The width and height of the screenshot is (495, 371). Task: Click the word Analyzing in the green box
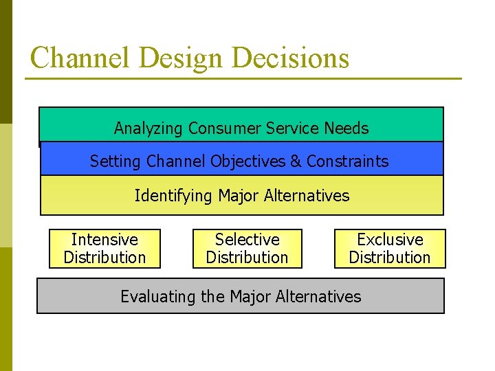click(148, 128)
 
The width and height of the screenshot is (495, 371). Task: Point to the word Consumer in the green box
click(219, 128)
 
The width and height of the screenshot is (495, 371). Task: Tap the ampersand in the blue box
click(296, 161)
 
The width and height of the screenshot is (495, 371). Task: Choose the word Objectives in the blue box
click(248, 161)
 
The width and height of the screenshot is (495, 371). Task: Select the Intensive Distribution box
click(104, 248)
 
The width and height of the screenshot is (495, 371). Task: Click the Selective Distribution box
click(247, 248)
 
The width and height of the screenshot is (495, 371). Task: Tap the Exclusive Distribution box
click(390, 248)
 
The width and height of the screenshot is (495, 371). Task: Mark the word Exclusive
click(390, 240)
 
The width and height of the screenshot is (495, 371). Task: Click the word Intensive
click(104, 240)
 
